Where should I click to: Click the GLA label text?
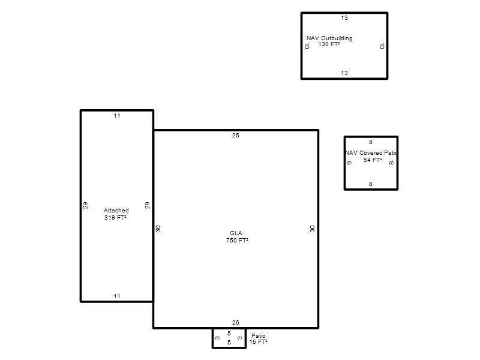coord(236,233)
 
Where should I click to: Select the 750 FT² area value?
coord(237,241)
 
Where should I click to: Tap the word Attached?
coord(116,211)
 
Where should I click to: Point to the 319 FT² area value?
coord(115,217)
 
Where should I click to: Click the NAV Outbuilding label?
coord(329,38)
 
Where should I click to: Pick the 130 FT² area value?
coord(329,44)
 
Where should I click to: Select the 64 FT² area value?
coord(373,160)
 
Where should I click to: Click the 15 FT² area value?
coord(258,341)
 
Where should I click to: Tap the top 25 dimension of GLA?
coord(235,136)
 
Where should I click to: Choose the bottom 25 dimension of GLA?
coord(235,322)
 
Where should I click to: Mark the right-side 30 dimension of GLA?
coord(312,229)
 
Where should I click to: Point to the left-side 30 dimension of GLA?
coord(158,229)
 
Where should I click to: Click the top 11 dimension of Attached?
coord(117,116)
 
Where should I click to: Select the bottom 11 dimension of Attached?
coord(117,296)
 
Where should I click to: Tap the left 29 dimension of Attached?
coord(85,205)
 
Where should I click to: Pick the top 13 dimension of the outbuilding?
coord(344,18)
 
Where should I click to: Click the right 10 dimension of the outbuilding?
coord(382,46)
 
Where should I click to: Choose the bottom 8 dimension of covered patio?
coord(370,184)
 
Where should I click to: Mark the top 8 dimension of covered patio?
coord(370,142)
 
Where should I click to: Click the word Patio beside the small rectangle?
coord(259,336)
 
